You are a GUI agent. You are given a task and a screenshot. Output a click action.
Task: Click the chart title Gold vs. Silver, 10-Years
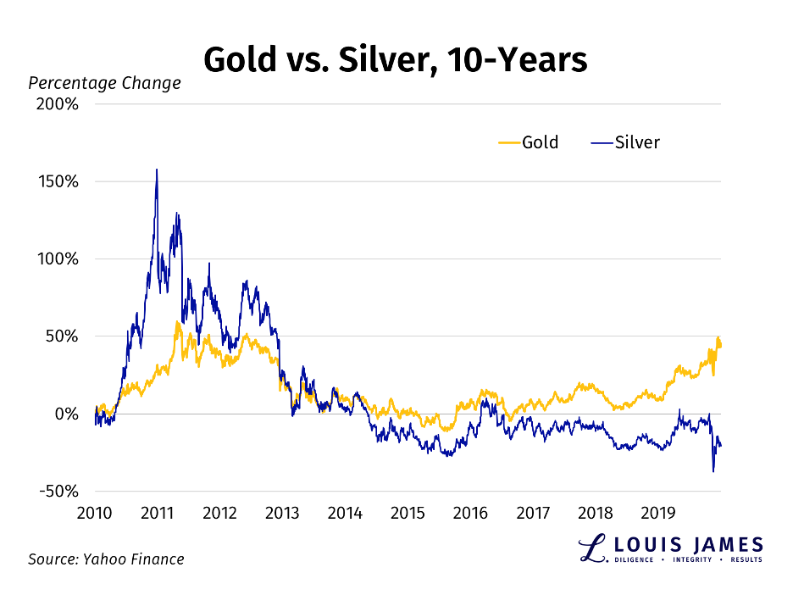coord(396,60)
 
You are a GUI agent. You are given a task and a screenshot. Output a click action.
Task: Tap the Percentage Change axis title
coord(104,83)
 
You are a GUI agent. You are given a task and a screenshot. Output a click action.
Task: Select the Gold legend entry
coord(528,142)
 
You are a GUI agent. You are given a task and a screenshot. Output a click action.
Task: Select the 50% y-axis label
coord(63,336)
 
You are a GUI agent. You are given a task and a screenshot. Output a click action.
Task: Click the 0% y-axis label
coord(67,414)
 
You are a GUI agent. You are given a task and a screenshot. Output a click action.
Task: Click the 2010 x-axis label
coord(95,513)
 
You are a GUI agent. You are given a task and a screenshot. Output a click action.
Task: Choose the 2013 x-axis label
coord(282,513)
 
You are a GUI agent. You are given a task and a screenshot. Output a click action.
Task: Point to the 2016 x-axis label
coord(470,513)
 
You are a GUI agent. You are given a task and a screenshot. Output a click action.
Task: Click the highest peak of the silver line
coord(157,170)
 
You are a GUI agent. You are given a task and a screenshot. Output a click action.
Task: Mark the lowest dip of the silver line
coord(713,471)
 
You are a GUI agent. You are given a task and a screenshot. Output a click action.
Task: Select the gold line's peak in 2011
coord(178,322)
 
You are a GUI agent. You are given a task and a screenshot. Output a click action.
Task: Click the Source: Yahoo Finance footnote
coord(106,559)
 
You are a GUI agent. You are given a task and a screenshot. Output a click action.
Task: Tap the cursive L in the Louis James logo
coord(590,548)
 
